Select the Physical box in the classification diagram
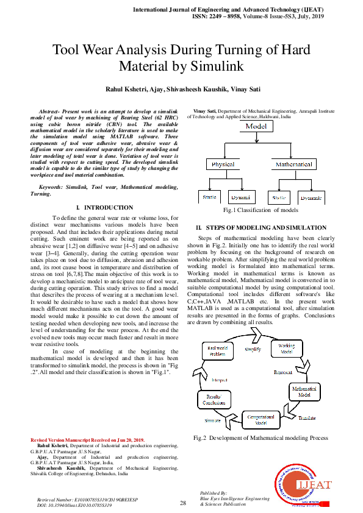point(223,165)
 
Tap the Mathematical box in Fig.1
point(293,165)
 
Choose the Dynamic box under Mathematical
point(312,198)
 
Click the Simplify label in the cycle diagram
point(253,350)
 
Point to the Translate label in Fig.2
point(307,417)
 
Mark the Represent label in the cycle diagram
point(282,372)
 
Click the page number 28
point(182,503)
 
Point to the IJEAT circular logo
point(305,485)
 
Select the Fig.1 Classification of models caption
point(261,210)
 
